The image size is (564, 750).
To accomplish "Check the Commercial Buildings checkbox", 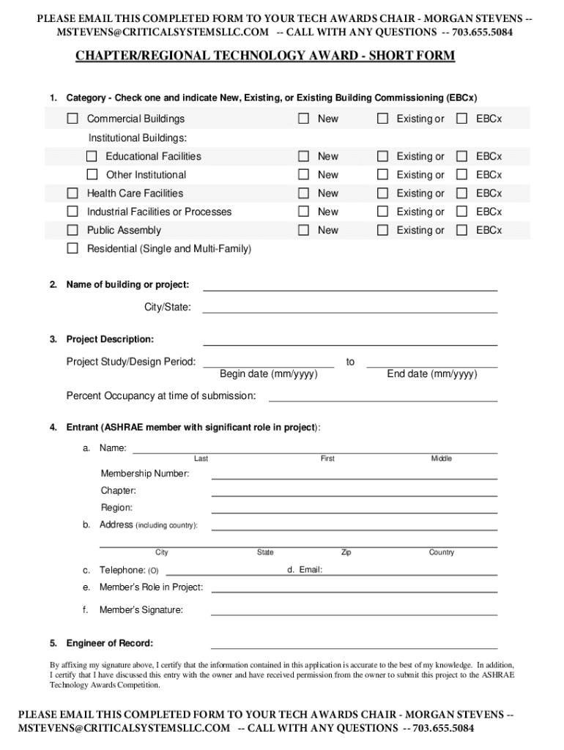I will point(73,119).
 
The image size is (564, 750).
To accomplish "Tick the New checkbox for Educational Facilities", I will point(303,156).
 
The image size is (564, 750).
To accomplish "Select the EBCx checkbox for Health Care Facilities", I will point(461,193).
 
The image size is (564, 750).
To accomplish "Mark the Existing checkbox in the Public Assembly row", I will point(382,230).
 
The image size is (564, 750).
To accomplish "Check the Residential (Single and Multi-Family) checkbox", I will point(73,248).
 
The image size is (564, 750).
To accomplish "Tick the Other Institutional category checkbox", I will point(92,174).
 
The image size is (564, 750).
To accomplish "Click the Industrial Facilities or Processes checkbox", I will point(73,212).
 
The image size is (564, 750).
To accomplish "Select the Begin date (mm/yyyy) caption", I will point(268,374).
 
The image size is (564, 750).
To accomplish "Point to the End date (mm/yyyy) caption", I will point(431,374).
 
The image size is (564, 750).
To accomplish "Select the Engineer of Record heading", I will point(109,643).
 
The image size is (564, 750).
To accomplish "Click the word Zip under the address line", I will point(346,552).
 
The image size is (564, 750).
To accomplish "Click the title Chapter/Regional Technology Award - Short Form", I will point(265,56).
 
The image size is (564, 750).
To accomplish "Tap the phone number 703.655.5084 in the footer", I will point(442,728).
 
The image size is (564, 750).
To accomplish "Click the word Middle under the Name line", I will point(441,458).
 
